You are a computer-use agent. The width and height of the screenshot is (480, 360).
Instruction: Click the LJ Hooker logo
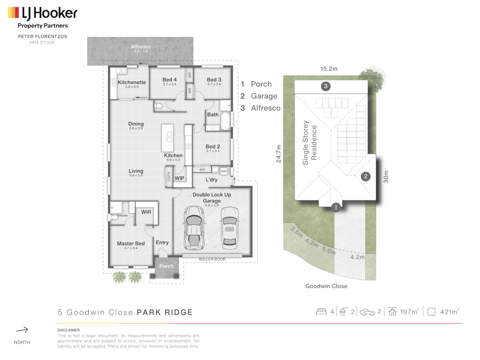click(42, 13)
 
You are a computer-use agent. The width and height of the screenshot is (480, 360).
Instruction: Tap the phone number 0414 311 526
click(42, 42)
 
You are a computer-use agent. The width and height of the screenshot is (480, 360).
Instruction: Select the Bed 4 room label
click(169, 80)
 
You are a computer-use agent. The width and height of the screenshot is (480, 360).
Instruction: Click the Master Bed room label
click(131, 244)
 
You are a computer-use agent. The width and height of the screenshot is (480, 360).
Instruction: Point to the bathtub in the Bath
click(226, 121)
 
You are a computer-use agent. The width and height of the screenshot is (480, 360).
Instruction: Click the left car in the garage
click(194, 228)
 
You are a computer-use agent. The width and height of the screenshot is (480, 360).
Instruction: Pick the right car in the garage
click(229, 228)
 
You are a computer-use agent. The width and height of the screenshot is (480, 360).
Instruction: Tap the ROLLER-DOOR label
click(212, 259)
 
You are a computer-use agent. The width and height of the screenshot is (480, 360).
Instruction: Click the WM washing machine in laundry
click(224, 171)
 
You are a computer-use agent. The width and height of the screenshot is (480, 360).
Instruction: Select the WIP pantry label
click(179, 178)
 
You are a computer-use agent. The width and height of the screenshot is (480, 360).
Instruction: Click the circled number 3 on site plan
click(326, 86)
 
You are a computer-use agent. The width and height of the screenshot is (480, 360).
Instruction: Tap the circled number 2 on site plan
click(366, 176)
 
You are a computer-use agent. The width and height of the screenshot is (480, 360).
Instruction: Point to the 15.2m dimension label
click(329, 69)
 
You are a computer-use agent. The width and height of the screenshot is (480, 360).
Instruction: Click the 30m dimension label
click(386, 177)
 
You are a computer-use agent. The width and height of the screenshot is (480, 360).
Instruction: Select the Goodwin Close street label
click(326, 286)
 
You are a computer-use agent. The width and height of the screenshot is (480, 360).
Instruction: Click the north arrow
click(22, 330)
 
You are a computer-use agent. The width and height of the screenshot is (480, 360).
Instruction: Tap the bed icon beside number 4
click(321, 312)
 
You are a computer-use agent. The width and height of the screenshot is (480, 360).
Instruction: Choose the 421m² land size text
click(449, 312)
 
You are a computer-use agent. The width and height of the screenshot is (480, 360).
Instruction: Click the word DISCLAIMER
click(68, 330)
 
